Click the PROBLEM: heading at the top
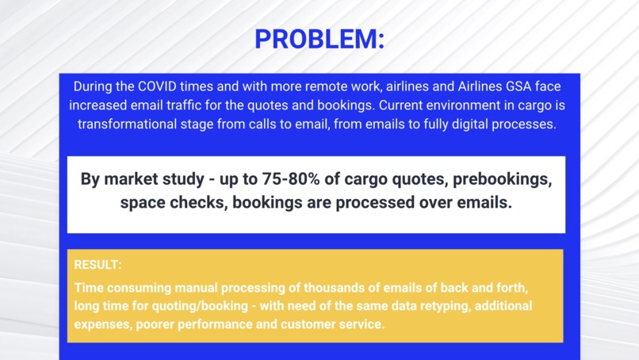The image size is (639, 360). tap(319, 38)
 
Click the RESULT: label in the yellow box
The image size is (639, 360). tap(98, 265)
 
